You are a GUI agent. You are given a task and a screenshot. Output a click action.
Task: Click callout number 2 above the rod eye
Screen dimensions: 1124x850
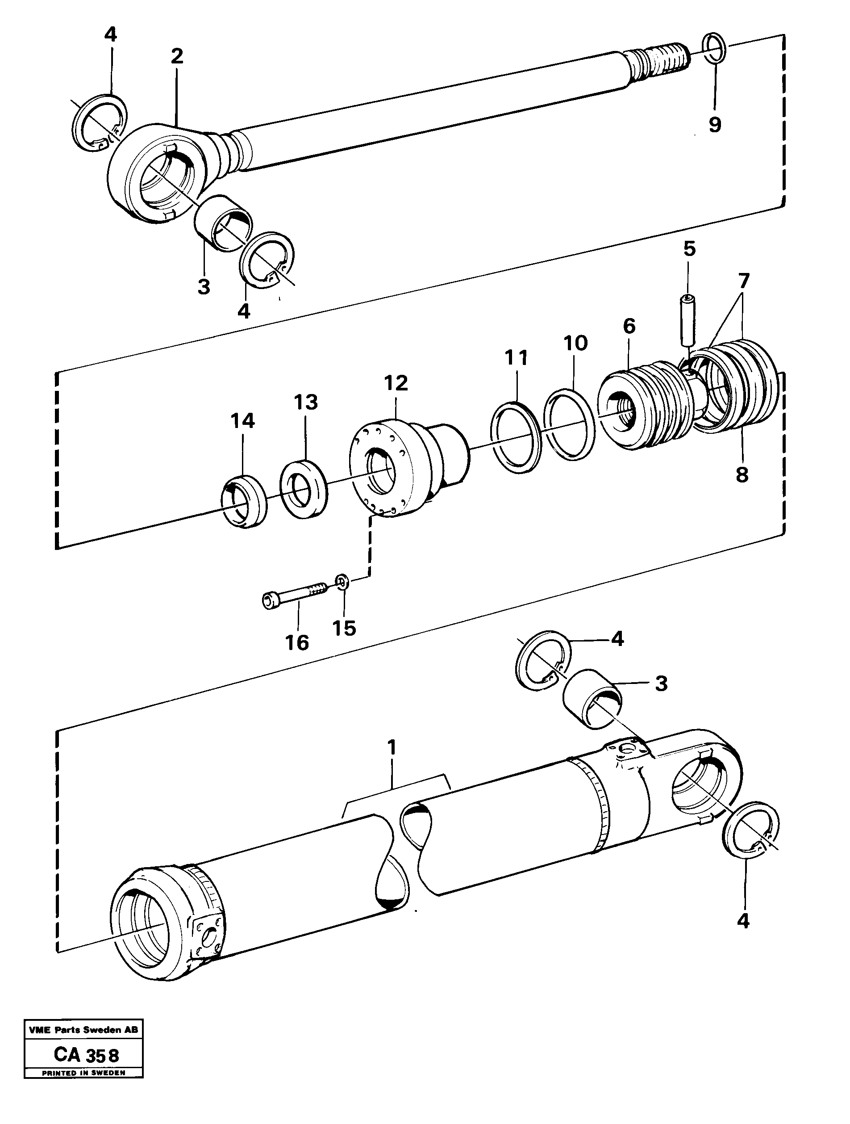click(x=176, y=56)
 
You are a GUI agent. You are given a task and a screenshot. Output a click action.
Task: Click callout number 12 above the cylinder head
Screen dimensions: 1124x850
click(x=396, y=383)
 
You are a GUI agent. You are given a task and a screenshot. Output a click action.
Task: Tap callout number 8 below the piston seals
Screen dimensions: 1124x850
click(x=742, y=475)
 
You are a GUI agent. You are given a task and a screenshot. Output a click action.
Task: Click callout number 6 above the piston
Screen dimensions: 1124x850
click(x=629, y=326)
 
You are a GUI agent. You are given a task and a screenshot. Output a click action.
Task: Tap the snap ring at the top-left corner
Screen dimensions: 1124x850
click(x=99, y=122)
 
